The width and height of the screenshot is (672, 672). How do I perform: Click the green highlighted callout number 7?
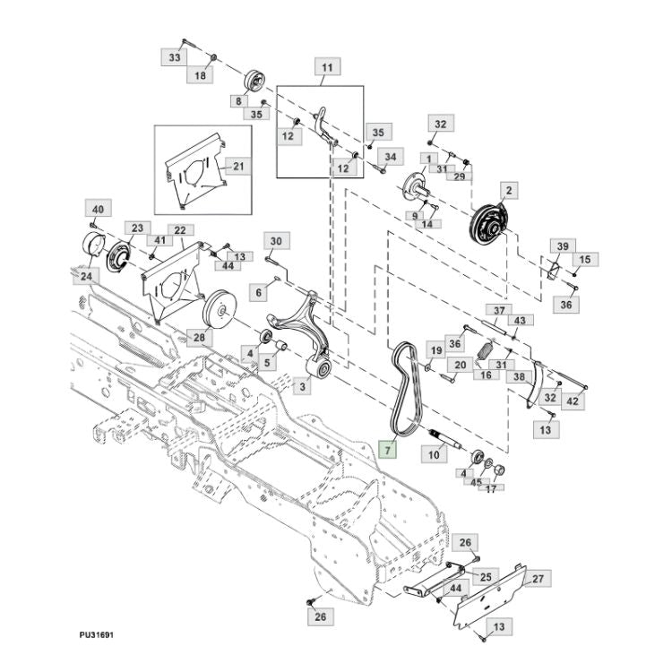pyautogui.click(x=388, y=451)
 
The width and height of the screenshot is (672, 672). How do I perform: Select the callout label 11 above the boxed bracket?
pyautogui.click(x=327, y=67)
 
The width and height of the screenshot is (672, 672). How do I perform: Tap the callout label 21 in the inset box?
pyautogui.click(x=238, y=167)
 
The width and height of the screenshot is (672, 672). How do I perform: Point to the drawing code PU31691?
pyautogui.click(x=97, y=634)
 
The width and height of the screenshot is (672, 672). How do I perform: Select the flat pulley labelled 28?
pyautogui.click(x=219, y=310)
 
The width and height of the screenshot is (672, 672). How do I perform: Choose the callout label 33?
pyautogui.click(x=175, y=57)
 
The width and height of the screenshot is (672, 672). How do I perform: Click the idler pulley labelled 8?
pyautogui.click(x=254, y=80)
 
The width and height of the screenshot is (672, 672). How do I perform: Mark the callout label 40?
pyautogui.click(x=99, y=209)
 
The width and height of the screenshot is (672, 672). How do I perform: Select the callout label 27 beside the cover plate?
pyautogui.click(x=538, y=579)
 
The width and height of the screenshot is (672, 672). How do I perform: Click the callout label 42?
pyautogui.click(x=573, y=401)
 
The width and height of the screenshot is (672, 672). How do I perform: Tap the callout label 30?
pyautogui.click(x=277, y=241)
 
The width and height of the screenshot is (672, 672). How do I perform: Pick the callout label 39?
pyautogui.click(x=563, y=246)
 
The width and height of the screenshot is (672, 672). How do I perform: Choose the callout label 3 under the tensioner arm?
pyautogui.click(x=303, y=386)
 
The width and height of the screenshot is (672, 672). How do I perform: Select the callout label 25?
pyautogui.click(x=486, y=577)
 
